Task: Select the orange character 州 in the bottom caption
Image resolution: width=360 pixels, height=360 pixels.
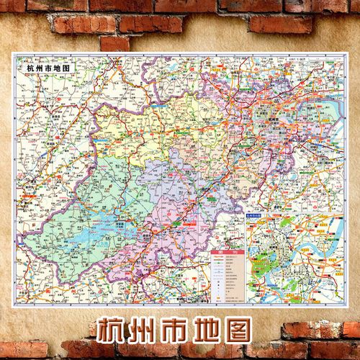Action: pos(151,329)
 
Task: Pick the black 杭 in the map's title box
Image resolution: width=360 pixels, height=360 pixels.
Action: pos(29,69)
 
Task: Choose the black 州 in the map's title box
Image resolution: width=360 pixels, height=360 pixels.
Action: pos(38,69)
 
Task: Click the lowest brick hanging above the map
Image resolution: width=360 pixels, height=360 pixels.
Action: pos(114,43)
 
